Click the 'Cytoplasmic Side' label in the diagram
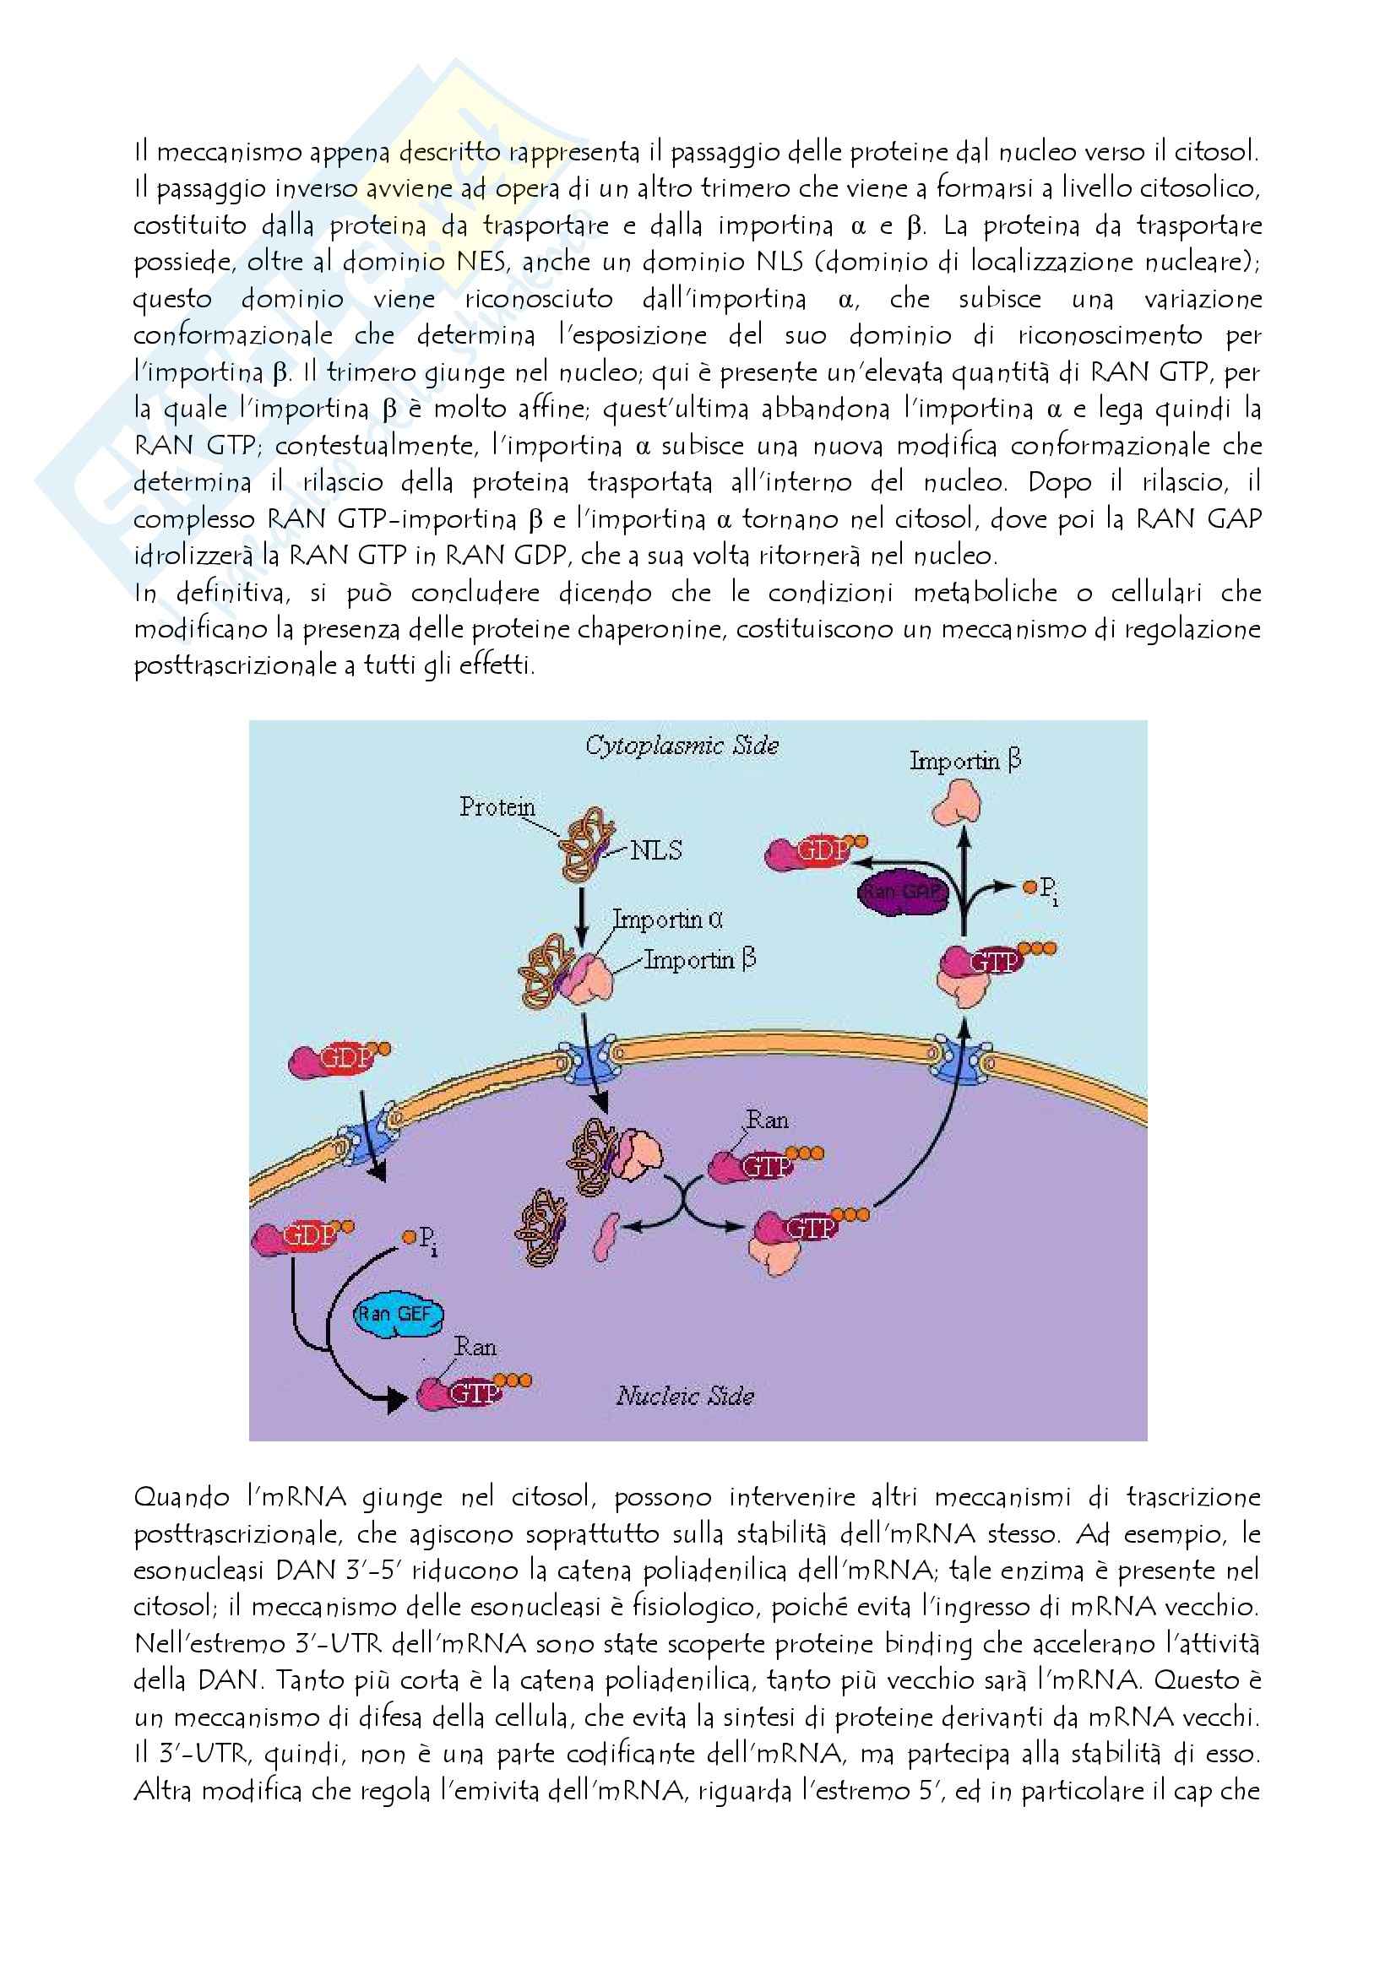coord(682,745)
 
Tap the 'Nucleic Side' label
coord(685,1395)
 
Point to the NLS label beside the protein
coord(655,850)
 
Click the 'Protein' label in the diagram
coord(497,807)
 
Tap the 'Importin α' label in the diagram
coord(667,920)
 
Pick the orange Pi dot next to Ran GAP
coord(1029,886)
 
